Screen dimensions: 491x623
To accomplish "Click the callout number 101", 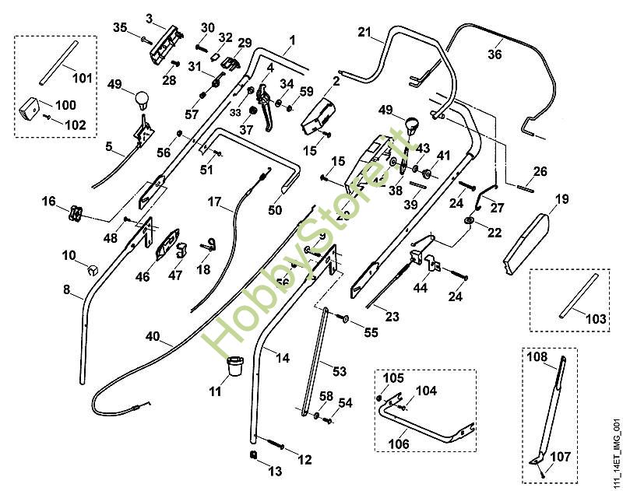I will [82, 78].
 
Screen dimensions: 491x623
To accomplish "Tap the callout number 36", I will [495, 54].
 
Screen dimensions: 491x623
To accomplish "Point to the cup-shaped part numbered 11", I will [234, 365].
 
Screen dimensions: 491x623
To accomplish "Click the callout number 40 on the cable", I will [153, 337].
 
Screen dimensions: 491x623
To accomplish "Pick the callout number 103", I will [595, 320].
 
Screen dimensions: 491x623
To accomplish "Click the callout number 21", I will [366, 32].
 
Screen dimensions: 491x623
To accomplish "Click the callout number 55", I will [371, 332].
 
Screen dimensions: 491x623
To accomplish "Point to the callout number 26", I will [540, 171].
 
